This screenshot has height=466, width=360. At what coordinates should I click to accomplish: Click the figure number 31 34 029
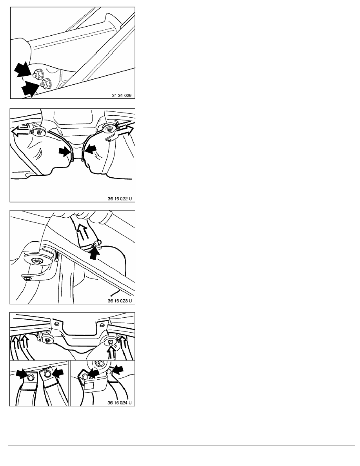point(122,95)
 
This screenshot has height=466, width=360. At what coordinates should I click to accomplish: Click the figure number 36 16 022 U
point(120,198)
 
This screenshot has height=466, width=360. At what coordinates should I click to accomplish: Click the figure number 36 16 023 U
point(120,301)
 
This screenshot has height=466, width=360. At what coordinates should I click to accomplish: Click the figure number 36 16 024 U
point(120,403)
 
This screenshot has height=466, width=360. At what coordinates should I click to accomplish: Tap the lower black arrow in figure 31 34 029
point(31,88)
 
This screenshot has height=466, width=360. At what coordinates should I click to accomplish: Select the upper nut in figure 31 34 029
point(38,73)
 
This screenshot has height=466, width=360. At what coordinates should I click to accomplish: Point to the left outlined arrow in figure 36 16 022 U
point(20,131)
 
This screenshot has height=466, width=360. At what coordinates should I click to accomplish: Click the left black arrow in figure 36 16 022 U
point(65,152)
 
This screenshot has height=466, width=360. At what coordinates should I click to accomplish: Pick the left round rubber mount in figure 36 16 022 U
point(38,131)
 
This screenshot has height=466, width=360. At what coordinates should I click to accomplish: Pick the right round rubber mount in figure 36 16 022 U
point(110,128)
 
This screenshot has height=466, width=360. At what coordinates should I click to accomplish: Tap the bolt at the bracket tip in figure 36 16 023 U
point(27,279)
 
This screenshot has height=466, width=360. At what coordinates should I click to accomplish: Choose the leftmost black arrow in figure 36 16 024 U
point(23,374)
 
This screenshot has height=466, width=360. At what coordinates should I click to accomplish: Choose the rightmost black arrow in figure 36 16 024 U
point(117,370)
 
